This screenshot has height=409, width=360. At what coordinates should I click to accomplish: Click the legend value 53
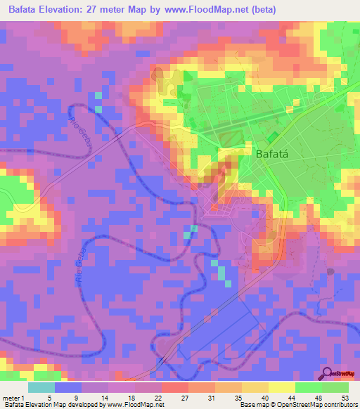[x=344, y=397]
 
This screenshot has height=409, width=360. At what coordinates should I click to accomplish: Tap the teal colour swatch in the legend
[x=41, y=387]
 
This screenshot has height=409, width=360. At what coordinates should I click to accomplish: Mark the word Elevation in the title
[x=65, y=10]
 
